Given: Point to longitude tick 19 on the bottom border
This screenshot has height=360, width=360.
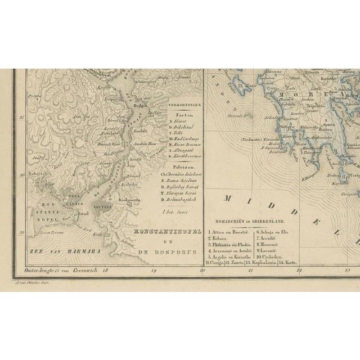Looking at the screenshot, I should pos(154,271).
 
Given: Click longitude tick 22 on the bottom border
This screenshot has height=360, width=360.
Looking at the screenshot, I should pos(299,271).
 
